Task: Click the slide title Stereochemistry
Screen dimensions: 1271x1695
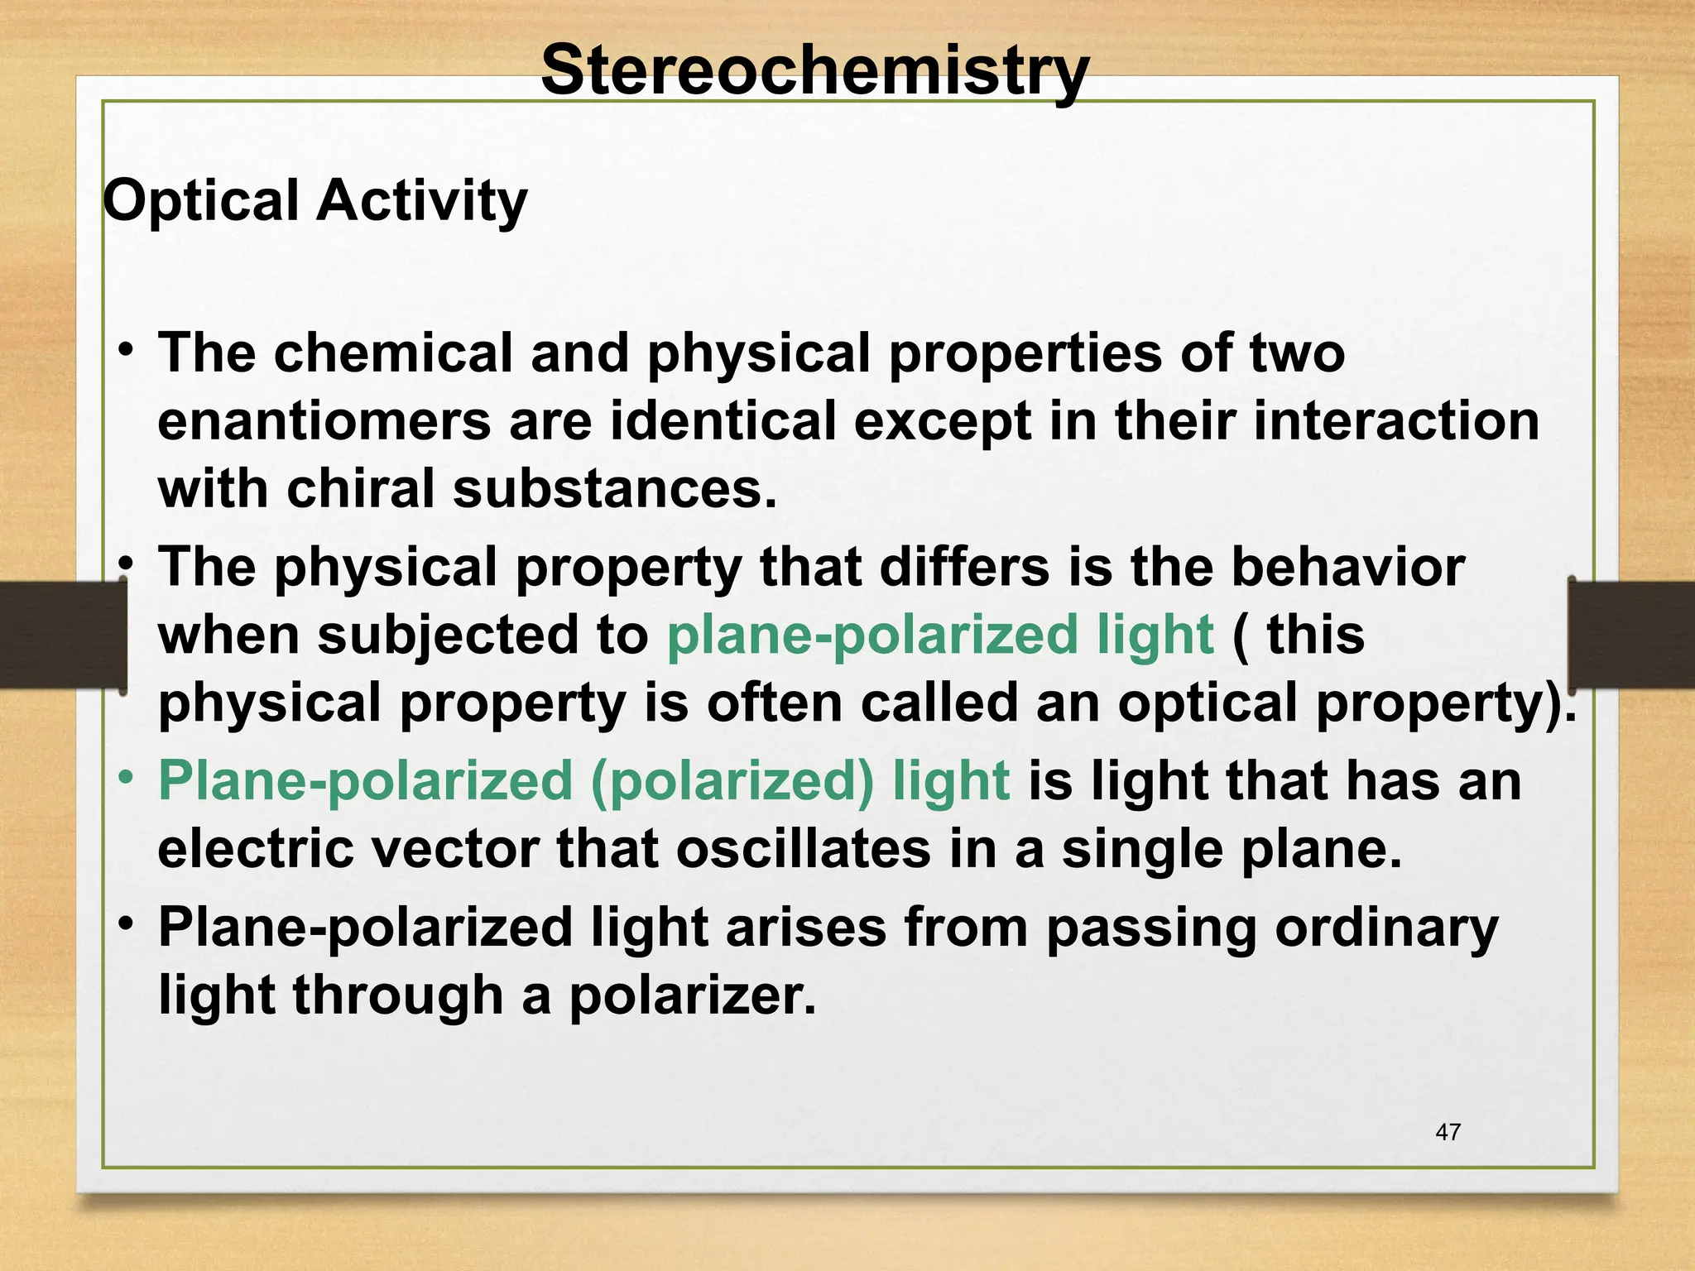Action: tap(814, 72)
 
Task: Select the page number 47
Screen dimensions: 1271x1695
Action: tap(1448, 1132)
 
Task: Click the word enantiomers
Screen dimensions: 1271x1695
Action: tap(324, 421)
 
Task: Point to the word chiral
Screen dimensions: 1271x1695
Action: tap(360, 489)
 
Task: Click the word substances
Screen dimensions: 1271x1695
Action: tap(614, 489)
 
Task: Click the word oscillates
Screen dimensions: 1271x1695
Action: tap(803, 850)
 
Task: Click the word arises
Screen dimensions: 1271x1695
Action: tap(805, 928)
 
